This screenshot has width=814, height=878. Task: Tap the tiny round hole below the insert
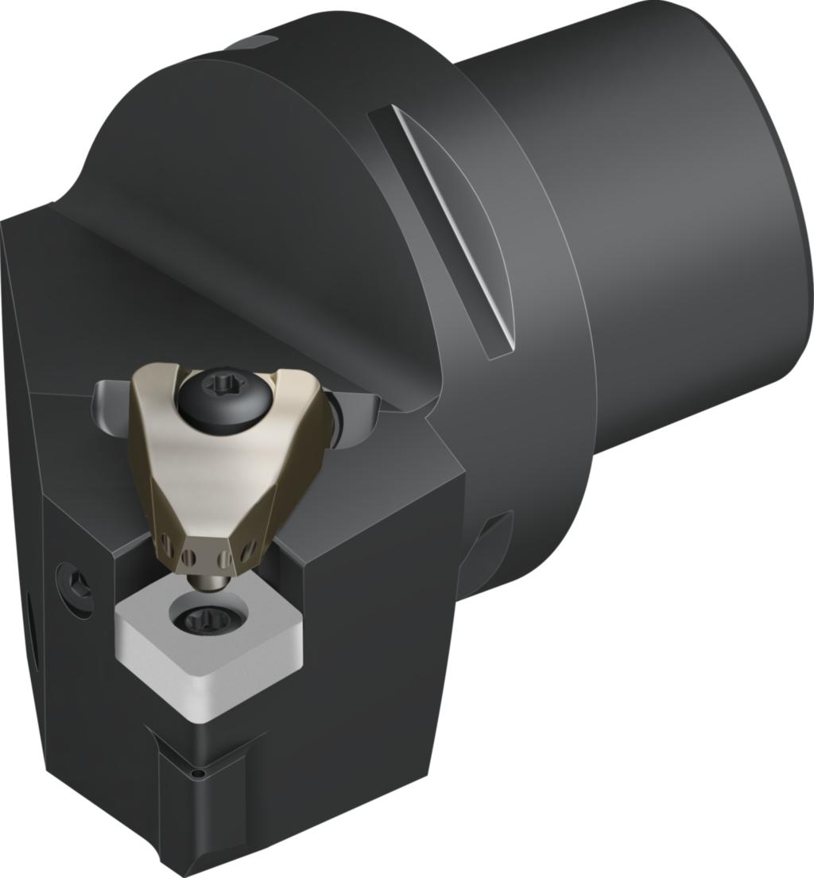[x=202, y=772]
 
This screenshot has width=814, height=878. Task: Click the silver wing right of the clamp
[x=354, y=418]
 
